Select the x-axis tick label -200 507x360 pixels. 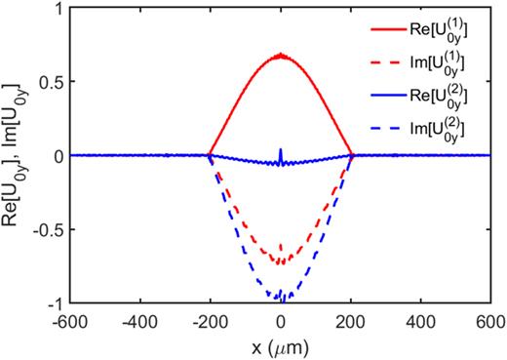click(x=209, y=319)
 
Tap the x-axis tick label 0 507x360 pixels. click(x=281, y=319)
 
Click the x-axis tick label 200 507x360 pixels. click(x=352, y=319)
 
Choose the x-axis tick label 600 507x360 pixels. click(x=492, y=319)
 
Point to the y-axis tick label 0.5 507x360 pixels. click(x=48, y=82)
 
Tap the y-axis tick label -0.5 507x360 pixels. click(x=45, y=230)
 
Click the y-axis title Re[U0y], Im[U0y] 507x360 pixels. click(x=14, y=156)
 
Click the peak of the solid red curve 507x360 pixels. click(x=281, y=55)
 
